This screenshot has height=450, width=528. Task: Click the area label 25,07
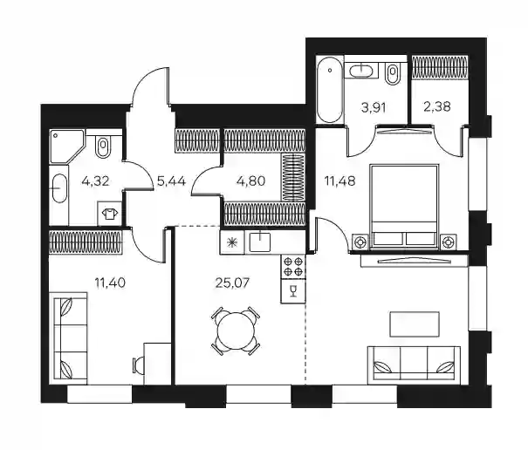pyautogui.click(x=232, y=283)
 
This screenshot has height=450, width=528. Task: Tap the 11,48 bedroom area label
pyautogui.click(x=339, y=181)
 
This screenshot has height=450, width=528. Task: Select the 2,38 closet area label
pyautogui.click(x=436, y=106)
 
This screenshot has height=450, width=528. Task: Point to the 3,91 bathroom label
pyautogui.click(x=374, y=108)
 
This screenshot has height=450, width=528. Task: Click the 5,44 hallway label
pyautogui.click(x=171, y=181)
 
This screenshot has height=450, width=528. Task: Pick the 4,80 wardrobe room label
pyautogui.click(x=250, y=181)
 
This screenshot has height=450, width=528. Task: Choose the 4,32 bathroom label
pyautogui.click(x=95, y=181)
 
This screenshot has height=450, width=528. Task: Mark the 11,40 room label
pyautogui.click(x=110, y=283)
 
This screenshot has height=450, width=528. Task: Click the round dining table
pyautogui.click(x=236, y=331)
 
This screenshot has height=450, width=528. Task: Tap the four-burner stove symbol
pyautogui.click(x=293, y=267)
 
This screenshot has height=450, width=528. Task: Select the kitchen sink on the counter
pyautogui.click(x=259, y=242)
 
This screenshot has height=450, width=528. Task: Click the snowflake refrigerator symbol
pyautogui.click(x=231, y=242)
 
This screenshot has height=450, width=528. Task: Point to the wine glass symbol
pyautogui.click(x=293, y=290)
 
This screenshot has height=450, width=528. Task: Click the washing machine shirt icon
pyautogui.click(x=109, y=214)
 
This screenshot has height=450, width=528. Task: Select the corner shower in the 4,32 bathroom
pyautogui.click(x=66, y=147)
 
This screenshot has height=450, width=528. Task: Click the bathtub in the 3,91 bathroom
pyautogui.click(x=330, y=90)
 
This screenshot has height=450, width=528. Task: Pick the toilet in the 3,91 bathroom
pyautogui.click(x=392, y=72)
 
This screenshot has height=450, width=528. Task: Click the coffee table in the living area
pyautogui.click(x=415, y=324)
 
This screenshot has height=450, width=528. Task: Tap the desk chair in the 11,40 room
pyautogui.click(x=138, y=365)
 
